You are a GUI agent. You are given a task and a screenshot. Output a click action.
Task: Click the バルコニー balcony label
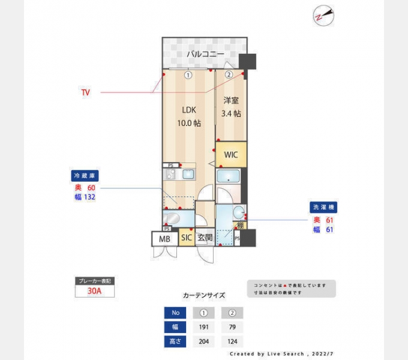click(205, 54)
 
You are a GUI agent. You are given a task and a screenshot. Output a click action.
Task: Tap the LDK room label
click(189, 110)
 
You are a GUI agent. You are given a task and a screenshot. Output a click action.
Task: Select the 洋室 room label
click(231, 101)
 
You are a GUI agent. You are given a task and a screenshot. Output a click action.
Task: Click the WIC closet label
click(231, 155)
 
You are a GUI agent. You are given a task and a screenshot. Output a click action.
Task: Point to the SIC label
click(187, 238)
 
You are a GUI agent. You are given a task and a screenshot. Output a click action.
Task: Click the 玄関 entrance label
click(205, 238)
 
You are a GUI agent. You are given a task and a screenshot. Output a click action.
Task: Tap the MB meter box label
click(164, 239)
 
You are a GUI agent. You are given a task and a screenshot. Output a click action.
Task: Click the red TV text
click(86, 92)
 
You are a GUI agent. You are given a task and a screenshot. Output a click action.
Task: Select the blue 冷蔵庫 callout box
click(85, 176)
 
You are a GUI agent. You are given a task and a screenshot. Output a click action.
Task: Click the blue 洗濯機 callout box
click(323, 207)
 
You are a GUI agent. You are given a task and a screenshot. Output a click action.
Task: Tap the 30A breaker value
click(94, 291)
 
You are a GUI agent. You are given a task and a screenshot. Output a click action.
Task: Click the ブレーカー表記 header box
click(94, 281)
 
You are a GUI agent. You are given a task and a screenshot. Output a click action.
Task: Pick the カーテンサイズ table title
click(204, 295)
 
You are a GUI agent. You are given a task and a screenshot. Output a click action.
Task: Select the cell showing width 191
click(204, 328)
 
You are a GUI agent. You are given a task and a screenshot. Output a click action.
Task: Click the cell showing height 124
click(232, 342)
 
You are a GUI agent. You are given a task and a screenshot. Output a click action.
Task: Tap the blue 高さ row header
click(175, 342)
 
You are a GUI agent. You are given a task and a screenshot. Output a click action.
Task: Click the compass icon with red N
click(322, 16)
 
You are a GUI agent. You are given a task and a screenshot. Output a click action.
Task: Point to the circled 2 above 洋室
click(229, 75)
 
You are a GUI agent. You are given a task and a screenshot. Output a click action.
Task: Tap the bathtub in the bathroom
click(228, 177)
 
